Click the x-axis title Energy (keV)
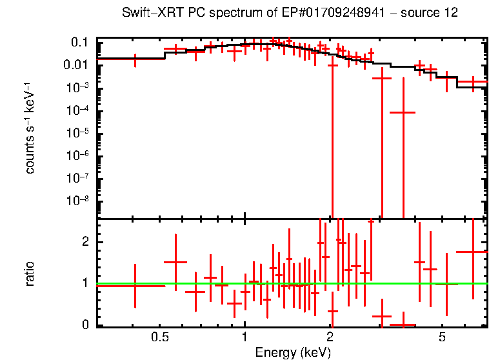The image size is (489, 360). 293,352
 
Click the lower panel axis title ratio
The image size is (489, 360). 30,274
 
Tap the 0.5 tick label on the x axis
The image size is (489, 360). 159,337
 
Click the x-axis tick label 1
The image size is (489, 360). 245,337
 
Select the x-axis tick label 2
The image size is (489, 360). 330,337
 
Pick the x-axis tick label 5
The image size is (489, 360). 443,337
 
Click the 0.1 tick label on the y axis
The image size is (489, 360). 79,43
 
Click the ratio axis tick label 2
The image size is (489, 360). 83,242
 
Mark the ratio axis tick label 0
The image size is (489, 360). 83,325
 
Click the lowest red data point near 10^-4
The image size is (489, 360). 403,112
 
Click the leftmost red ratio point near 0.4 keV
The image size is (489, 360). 135,285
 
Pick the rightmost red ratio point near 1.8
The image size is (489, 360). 473,252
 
